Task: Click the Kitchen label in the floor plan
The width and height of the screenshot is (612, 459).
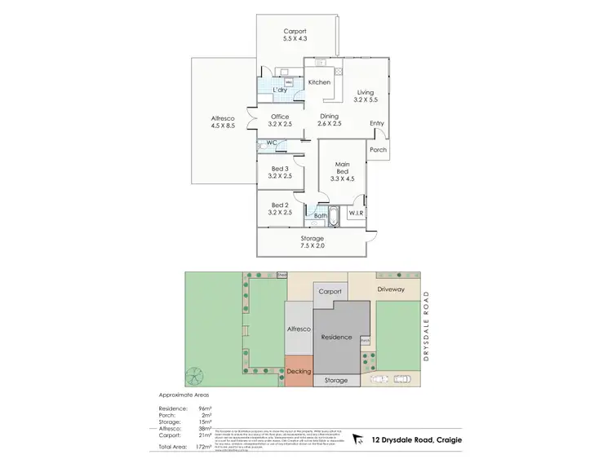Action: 318,82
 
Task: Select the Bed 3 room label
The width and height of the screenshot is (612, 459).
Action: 280,172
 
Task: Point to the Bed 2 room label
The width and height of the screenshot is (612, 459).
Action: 280,208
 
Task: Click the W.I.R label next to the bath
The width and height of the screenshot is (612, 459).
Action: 356,213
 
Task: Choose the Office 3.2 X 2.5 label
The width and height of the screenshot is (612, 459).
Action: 280,121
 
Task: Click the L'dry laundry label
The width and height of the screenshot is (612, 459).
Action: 279,90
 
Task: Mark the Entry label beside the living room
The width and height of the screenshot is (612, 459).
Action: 376,124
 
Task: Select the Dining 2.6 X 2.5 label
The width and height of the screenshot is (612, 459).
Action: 330,120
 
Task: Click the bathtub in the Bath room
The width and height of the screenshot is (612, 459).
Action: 318,217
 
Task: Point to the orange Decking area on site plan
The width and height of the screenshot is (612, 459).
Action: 299,371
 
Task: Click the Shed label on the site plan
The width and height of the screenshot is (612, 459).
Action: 282,275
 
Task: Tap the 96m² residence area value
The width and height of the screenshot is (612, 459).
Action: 205,408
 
